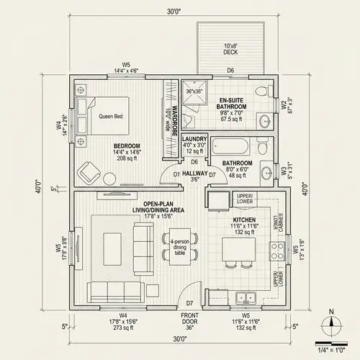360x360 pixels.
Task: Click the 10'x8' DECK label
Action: [230, 49]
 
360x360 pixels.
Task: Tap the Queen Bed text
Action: [111, 115]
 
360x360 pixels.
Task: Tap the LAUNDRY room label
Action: [194, 138]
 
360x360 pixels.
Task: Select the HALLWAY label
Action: [194, 174]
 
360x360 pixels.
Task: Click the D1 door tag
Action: [176, 174]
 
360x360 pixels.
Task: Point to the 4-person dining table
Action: [178, 247]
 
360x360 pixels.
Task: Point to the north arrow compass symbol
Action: [330, 322]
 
